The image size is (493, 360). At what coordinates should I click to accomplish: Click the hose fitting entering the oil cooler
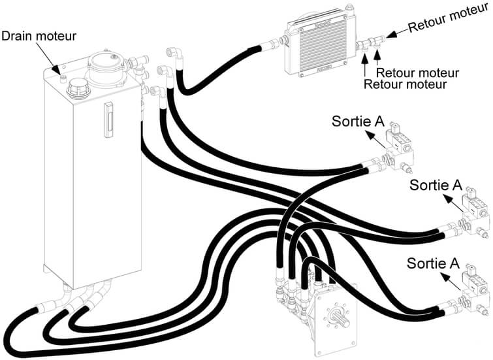274,44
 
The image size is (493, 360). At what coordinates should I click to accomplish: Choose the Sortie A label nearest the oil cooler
359,121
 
